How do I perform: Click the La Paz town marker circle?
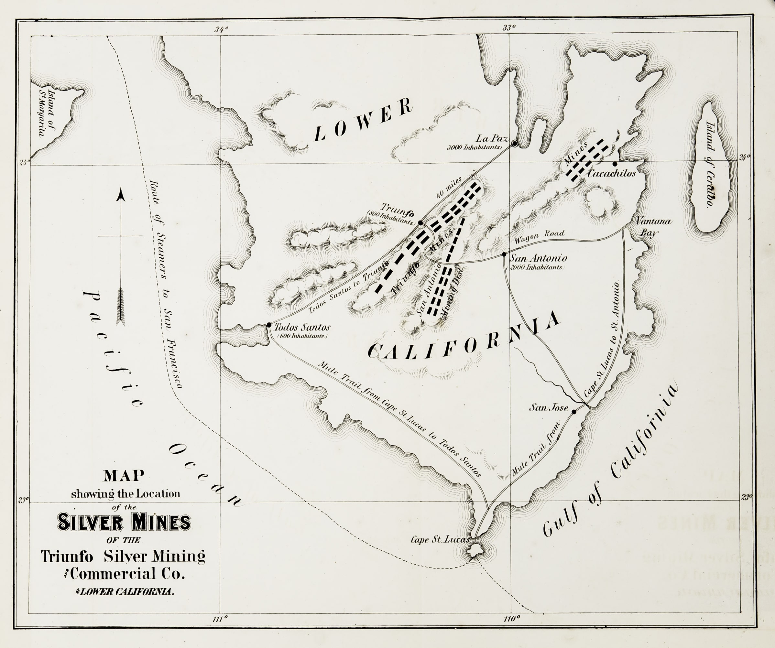pos(514,143)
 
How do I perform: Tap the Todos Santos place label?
pos(302,327)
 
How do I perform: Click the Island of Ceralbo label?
pos(710,165)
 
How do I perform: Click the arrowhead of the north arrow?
pos(121,194)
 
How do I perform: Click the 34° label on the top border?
pos(222,29)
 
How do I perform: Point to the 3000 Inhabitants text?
pos(475,147)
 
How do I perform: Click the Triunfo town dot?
pos(420,223)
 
